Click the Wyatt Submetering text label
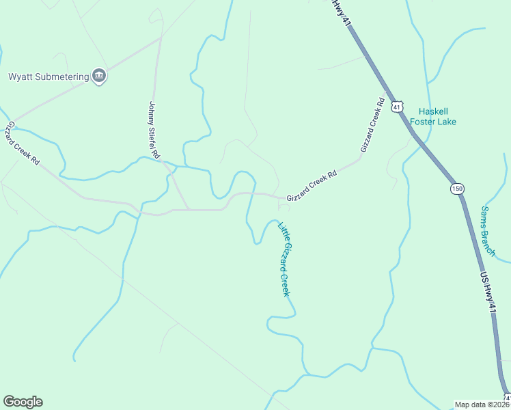[49, 77]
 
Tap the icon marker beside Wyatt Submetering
[99, 76]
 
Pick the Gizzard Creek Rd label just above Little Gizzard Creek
[312, 185]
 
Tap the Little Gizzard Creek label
[285, 258]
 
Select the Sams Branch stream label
[488, 231]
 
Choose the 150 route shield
[456, 188]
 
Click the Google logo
[23, 402]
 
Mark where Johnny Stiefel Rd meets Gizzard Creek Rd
[189, 209]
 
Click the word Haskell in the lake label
[432, 111]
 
